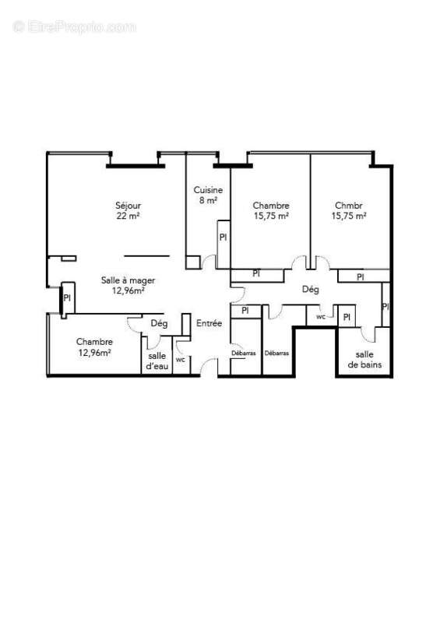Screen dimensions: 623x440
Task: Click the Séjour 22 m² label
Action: (x=128, y=210)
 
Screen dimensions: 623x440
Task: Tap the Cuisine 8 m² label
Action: (x=208, y=195)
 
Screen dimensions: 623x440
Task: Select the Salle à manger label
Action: (x=128, y=285)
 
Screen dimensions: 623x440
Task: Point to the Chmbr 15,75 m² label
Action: (x=349, y=210)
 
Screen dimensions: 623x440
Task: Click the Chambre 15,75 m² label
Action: (x=271, y=210)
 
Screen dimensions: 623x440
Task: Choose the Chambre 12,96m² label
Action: (x=93, y=347)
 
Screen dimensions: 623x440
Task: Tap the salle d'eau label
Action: (x=157, y=361)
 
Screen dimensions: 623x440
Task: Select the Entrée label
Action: (x=209, y=323)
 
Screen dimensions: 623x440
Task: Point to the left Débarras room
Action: (x=243, y=354)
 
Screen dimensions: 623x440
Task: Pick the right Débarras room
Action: (x=276, y=354)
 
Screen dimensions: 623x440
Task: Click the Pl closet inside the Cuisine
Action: (x=223, y=238)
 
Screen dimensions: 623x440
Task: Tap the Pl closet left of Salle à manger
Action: (x=67, y=297)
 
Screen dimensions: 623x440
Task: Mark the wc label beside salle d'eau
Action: (x=180, y=360)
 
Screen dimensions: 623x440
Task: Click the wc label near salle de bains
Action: (x=321, y=317)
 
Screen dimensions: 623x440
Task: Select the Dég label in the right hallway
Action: (x=310, y=290)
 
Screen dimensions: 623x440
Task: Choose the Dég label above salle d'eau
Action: (x=159, y=324)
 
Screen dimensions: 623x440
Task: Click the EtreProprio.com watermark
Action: (x=75, y=26)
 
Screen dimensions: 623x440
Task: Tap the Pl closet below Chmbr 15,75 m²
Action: (x=360, y=276)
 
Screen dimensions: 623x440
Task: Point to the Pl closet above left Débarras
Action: (x=245, y=311)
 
